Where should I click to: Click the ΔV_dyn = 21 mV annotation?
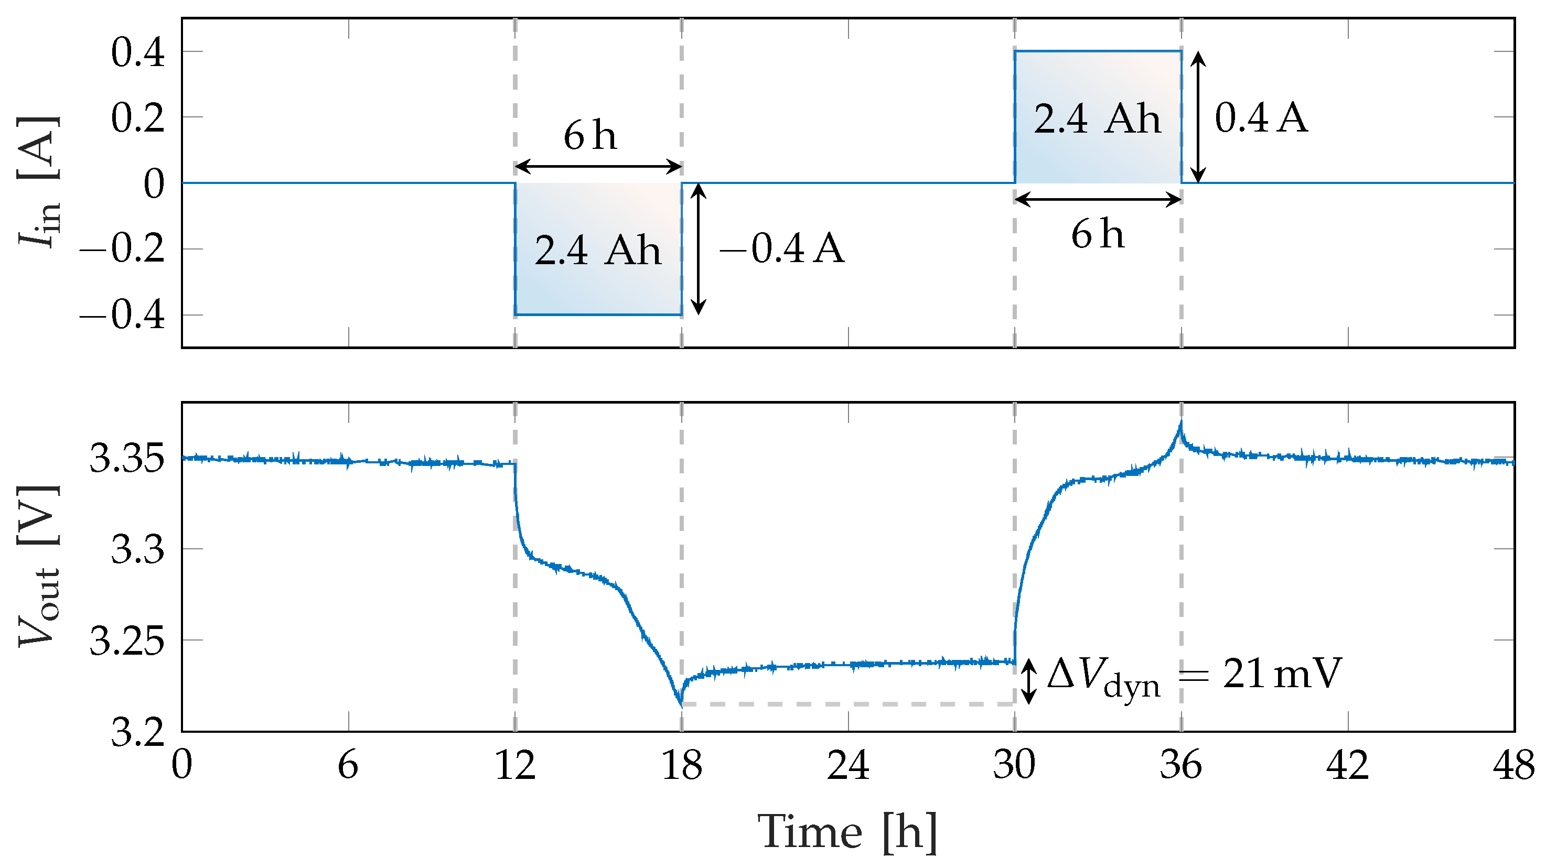(1194, 676)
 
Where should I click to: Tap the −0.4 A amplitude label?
(782, 249)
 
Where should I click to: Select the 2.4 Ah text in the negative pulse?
(598, 250)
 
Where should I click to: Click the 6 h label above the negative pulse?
(590, 136)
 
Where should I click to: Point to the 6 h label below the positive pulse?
(1097, 234)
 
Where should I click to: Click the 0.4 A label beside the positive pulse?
(1261, 117)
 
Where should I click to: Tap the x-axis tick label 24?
(848, 766)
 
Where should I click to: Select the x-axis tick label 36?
(1180, 766)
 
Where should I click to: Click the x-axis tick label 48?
(1513, 766)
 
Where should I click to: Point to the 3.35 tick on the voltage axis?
(126, 459)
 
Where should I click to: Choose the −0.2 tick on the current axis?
(122, 249)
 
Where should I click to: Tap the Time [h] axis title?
(847, 832)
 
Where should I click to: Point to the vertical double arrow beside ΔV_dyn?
(1029, 681)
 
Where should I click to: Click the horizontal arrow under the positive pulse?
(1097, 200)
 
